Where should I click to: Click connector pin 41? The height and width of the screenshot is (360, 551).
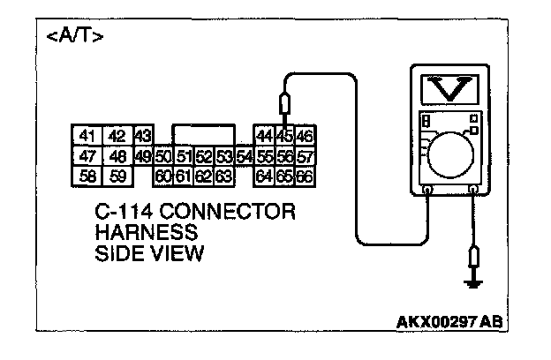(87, 136)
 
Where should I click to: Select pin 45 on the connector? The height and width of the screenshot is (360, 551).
(284, 136)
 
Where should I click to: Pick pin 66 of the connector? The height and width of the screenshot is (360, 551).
(305, 176)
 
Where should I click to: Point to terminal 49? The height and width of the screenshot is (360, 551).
(143, 156)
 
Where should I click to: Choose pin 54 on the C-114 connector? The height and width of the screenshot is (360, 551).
(244, 156)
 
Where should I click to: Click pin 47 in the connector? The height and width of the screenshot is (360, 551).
(87, 156)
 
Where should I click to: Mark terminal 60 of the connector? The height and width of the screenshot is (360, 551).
(162, 176)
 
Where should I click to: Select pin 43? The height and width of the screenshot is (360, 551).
(143, 136)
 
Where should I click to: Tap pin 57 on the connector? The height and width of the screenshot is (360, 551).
(305, 156)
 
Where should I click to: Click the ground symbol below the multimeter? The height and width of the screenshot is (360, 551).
(475, 283)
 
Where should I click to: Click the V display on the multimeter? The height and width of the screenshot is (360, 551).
(450, 89)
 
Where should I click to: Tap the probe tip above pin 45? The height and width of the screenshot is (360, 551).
(284, 106)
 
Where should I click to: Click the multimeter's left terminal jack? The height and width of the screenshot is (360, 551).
(427, 189)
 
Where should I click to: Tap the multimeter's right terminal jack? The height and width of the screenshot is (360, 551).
(474, 189)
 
